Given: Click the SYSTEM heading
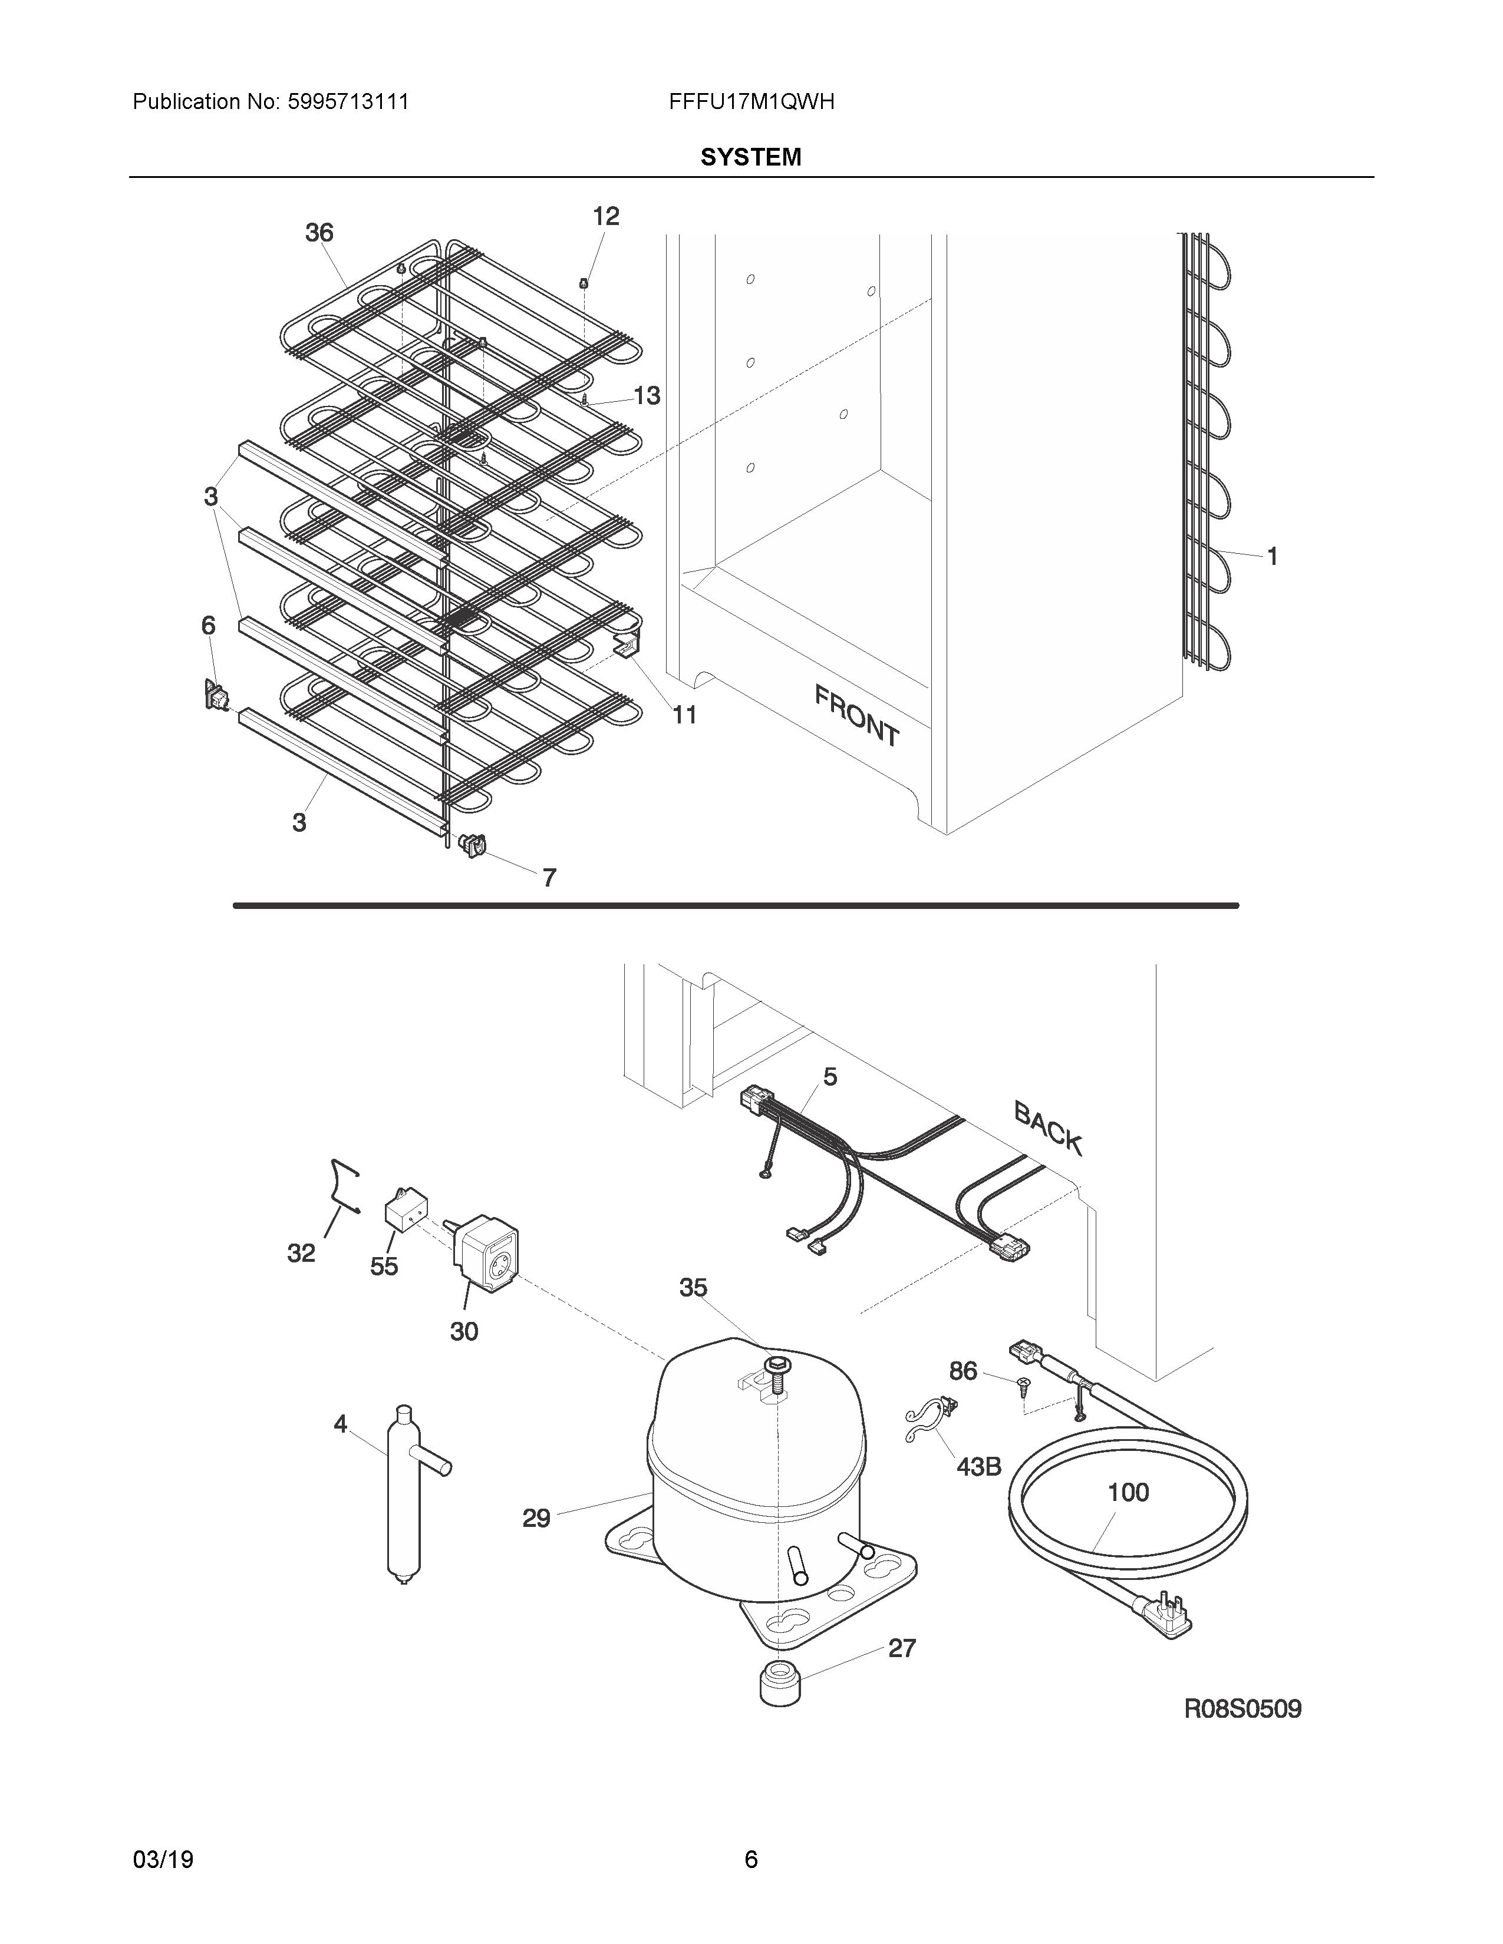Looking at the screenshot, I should pyautogui.click(x=750, y=157).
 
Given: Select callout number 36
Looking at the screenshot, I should pyautogui.click(x=319, y=233).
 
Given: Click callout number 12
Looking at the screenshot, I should pyautogui.click(x=605, y=216).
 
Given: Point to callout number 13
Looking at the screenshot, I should pyautogui.click(x=647, y=395).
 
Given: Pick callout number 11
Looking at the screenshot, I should pyautogui.click(x=684, y=714).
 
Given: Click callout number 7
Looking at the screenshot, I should pyautogui.click(x=549, y=878).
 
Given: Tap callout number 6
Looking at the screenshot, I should pyautogui.click(x=207, y=626).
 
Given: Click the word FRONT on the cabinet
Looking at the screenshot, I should pyautogui.click(x=856, y=714).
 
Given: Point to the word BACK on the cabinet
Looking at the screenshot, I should pyautogui.click(x=1048, y=1128).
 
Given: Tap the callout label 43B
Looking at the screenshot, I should pyautogui.click(x=978, y=1466).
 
